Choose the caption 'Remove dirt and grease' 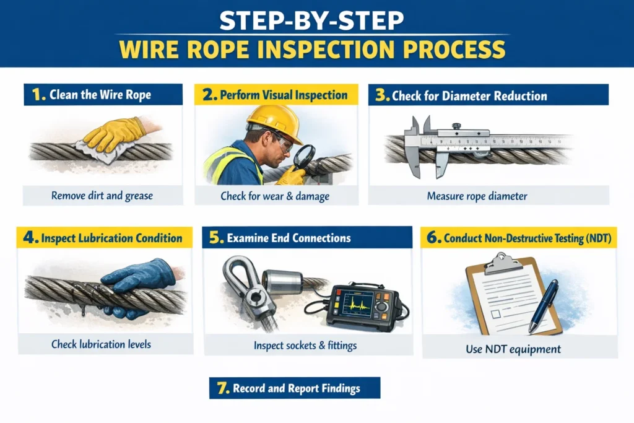pos(103,196)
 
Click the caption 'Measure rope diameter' pos(477,196)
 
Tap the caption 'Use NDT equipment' pos(513,349)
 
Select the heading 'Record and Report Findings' pos(296,389)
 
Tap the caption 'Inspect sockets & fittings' pos(305,346)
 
